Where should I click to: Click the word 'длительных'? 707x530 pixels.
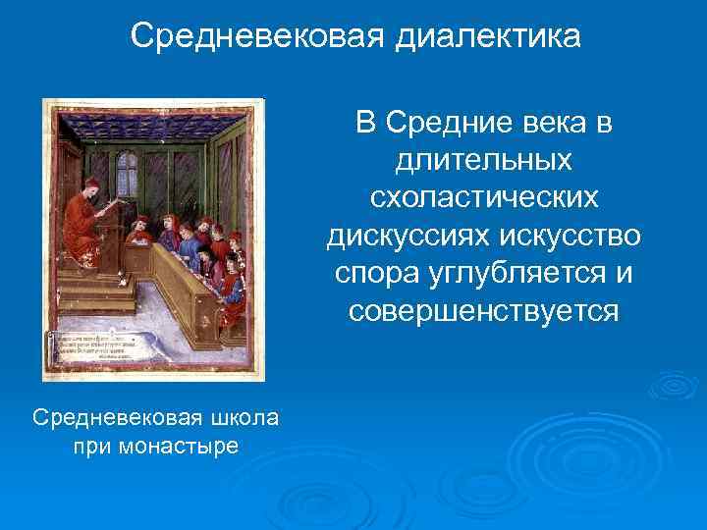coord(484,161)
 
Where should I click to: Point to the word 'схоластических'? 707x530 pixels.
coord(484,198)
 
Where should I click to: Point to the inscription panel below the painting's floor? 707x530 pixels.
coord(103,348)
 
